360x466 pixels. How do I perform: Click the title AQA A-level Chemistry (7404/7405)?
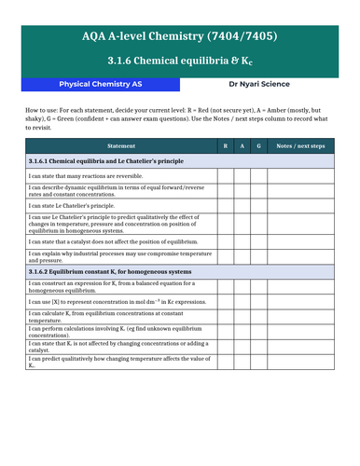pyautogui.click(x=179, y=37)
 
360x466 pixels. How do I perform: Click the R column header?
pyautogui.click(x=225, y=146)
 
